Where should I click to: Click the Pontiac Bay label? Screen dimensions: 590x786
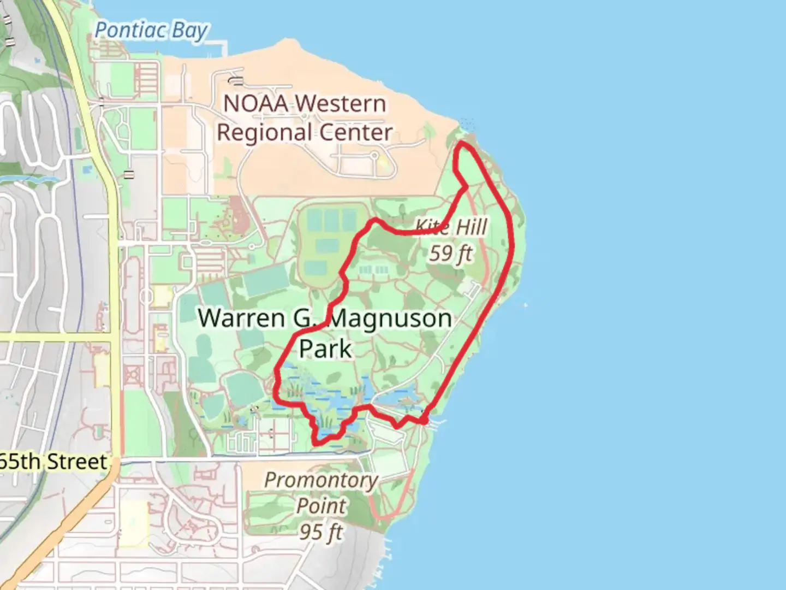(151, 31)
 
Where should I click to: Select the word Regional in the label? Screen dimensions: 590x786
(265, 133)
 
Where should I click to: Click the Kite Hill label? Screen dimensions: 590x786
(451, 226)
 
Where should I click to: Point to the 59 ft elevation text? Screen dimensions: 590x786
(450, 253)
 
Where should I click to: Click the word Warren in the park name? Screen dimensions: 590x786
(241, 318)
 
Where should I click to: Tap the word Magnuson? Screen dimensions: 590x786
(391, 318)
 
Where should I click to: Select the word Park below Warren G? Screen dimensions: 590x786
(325, 349)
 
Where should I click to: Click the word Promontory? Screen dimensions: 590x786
(321, 480)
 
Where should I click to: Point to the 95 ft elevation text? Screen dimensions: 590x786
(321, 531)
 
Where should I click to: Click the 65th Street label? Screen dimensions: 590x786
(53, 462)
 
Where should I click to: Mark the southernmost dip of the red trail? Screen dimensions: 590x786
(317, 441)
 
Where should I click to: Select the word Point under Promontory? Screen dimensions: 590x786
(321, 506)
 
